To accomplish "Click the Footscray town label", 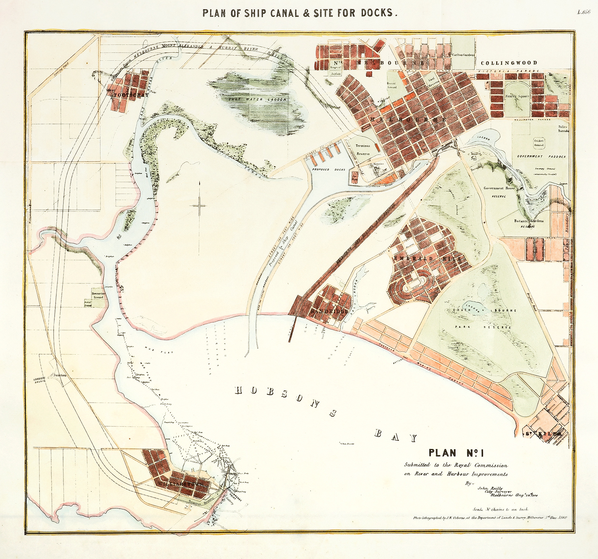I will (x=131, y=95).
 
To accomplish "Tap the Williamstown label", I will (x=182, y=484).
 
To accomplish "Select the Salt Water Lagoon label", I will (x=257, y=99).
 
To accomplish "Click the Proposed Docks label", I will (x=329, y=169).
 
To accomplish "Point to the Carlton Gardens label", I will (x=463, y=55).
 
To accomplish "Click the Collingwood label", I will (x=509, y=63).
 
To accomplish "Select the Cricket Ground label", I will (x=539, y=143).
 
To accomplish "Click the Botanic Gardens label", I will (x=528, y=221).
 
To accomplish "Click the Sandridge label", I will (x=329, y=311).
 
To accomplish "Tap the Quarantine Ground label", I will (x=98, y=295).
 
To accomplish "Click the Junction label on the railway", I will (x=60, y=375).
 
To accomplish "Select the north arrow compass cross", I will (x=200, y=205).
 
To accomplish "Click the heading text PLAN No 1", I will (x=452, y=453).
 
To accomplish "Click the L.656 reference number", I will (x=583, y=12).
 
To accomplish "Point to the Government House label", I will (x=499, y=188).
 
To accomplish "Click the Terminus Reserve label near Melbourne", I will (x=363, y=150).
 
